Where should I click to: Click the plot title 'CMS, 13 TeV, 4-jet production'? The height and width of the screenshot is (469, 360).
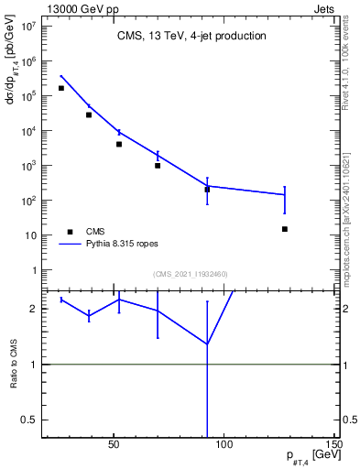click(191, 37)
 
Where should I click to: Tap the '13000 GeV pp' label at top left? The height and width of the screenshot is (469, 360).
click(77, 7)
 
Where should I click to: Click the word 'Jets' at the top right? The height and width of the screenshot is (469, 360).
click(324, 7)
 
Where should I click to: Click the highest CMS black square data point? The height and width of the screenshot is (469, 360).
click(61, 88)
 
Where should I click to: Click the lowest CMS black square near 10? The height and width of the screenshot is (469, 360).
click(285, 229)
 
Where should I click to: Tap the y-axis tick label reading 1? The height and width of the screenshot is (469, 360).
click(33, 271)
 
